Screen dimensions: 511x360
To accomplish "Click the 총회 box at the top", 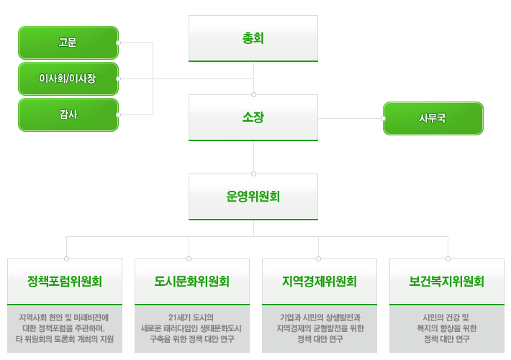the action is click(x=253, y=38).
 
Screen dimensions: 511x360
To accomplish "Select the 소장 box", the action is click(x=253, y=117).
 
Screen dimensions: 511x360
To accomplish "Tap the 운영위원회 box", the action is click(x=253, y=197).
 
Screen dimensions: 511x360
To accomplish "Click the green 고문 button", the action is click(x=68, y=42).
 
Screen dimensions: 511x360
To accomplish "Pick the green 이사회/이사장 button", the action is click(x=68, y=78).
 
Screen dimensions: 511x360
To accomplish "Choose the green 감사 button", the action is click(x=68, y=114).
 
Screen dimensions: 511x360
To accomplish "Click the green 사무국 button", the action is click(x=433, y=118).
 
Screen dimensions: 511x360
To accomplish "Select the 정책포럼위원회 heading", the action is click(x=65, y=282).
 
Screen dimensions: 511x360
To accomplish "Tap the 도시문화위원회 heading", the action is click(x=192, y=282).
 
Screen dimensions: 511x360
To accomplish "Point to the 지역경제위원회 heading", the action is click(x=320, y=282).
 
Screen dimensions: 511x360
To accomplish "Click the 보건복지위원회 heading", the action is click(x=447, y=282).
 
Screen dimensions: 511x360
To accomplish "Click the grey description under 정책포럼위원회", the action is click(x=65, y=328).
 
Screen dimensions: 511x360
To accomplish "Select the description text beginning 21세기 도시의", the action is click(x=191, y=328).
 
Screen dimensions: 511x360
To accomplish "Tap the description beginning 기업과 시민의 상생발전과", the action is click(x=320, y=328).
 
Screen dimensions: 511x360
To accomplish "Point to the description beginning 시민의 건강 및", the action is click(x=447, y=328).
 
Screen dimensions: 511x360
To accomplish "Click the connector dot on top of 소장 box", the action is click(x=253, y=94).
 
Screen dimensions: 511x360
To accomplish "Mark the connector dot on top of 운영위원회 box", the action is click(x=253, y=174).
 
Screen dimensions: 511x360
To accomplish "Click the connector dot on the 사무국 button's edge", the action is click(x=384, y=118).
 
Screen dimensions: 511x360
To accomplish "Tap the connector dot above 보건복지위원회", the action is click(x=448, y=258).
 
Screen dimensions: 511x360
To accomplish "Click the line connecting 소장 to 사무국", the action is click(x=350, y=118).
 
